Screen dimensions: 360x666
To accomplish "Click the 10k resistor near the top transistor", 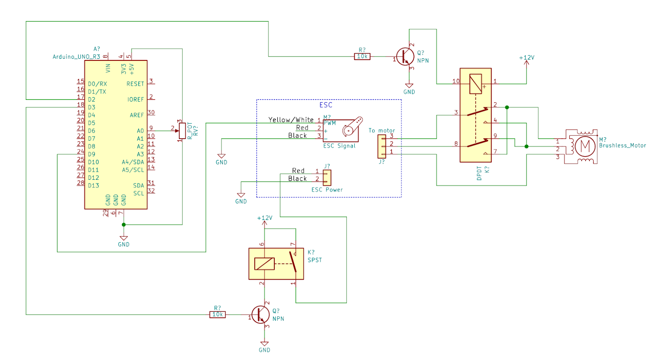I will tap(362, 57).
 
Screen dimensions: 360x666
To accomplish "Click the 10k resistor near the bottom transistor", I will tap(217, 315).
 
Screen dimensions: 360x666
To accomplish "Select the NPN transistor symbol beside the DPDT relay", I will tap(405, 57).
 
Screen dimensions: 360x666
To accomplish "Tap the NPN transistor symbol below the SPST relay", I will tap(260, 315).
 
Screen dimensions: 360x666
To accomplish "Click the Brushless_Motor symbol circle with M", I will tap(585, 146).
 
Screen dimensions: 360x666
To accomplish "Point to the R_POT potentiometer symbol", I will tap(182, 131).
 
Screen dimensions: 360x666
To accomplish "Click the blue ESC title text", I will tap(326, 105).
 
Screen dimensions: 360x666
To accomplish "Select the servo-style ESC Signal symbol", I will tap(345, 130).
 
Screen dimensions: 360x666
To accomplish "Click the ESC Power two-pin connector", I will tap(327, 178).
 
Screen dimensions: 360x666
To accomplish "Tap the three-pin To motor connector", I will tap(382, 146).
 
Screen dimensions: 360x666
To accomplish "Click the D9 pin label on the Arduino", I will tap(92, 154).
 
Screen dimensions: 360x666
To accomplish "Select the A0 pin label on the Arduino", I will tap(140, 131).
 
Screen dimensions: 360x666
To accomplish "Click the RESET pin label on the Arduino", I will tap(135, 84).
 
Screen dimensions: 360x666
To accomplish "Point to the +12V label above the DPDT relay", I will tap(527, 58).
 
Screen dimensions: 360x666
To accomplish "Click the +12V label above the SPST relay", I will tap(264, 218).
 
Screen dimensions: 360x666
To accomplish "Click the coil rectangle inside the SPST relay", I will tap(264, 264).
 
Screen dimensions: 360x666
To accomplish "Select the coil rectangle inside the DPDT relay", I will tap(475, 84).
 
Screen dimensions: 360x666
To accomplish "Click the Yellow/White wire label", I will tap(291, 120).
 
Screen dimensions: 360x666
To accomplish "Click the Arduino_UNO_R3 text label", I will tap(76, 57).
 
